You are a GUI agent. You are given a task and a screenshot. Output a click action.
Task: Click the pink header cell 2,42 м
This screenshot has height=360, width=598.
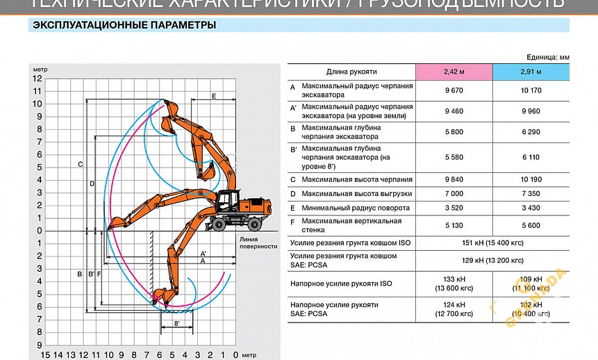454,72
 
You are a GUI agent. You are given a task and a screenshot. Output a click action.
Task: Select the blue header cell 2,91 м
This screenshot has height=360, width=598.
531,72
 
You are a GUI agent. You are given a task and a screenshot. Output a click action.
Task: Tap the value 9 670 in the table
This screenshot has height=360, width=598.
454,90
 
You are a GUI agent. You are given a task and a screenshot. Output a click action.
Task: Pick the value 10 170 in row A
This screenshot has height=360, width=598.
531,90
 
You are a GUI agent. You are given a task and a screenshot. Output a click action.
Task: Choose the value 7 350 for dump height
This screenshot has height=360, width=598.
531,193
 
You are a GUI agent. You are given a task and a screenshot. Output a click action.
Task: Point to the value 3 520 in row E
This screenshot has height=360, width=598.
454,208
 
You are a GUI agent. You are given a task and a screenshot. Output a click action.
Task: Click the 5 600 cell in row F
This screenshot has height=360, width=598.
531,225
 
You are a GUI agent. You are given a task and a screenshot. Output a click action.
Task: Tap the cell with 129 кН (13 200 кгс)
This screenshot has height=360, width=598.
492,261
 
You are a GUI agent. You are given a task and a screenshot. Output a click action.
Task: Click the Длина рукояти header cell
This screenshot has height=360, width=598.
351,72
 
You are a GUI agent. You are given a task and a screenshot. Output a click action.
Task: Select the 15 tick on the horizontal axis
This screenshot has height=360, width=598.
45,354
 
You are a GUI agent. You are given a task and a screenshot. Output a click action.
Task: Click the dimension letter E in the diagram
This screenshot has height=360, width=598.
214,95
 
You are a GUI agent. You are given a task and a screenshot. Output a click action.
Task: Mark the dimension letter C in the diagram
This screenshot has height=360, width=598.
81,165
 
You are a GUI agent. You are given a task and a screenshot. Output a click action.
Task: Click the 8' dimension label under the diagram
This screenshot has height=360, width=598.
177,324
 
